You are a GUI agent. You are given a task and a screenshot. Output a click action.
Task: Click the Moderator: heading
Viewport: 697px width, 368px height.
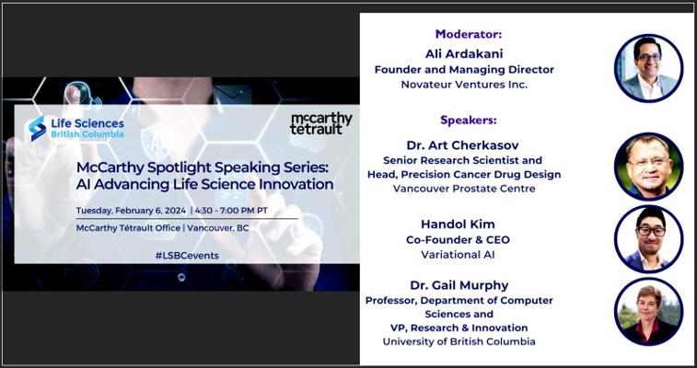click(x=468, y=34)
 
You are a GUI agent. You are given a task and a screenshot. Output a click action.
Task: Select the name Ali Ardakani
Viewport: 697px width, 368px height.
click(x=464, y=53)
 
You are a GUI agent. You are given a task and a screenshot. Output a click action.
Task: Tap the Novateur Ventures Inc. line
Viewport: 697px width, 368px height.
click(x=464, y=85)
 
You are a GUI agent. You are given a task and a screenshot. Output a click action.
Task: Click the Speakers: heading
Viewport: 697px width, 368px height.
click(x=468, y=121)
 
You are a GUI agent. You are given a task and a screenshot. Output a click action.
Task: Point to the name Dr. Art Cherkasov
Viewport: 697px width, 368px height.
click(x=462, y=145)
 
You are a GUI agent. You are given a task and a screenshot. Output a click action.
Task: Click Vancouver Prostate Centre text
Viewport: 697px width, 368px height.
click(x=464, y=189)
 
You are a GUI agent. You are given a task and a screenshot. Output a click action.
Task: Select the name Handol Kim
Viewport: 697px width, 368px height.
click(x=458, y=224)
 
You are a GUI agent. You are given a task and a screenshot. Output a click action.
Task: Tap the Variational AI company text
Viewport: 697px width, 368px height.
click(x=458, y=255)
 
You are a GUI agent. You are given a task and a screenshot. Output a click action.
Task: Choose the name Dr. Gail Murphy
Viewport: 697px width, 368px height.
click(x=458, y=285)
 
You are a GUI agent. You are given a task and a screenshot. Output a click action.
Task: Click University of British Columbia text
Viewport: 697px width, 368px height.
click(x=459, y=342)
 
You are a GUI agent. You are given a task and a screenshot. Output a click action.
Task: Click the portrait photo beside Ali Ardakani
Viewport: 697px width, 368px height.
click(x=648, y=68)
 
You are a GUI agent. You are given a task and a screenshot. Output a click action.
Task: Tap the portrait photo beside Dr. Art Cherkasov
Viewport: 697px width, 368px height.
click(x=648, y=167)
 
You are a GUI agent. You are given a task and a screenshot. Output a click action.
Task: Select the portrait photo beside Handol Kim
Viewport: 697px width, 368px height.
click(x=648, y=239)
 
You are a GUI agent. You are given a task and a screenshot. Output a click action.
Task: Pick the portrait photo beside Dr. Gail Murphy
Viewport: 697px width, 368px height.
click(x=648, y=312)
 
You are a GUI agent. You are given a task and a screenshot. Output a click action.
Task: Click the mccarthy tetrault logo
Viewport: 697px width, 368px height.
click(x=321, y=124)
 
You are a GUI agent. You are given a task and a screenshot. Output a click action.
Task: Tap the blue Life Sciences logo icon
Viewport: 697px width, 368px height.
click(x=38, y=128)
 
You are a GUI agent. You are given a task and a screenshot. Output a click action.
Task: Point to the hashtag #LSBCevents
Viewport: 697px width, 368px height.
click(x=187, y=256)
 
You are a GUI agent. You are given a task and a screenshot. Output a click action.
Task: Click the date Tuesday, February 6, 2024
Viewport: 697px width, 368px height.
click(x=131, y=211)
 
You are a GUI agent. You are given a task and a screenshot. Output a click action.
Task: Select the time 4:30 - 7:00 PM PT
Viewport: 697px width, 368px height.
click(x=231, y=211)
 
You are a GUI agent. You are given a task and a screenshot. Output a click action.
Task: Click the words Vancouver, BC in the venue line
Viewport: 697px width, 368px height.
click(x=218, y=228)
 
